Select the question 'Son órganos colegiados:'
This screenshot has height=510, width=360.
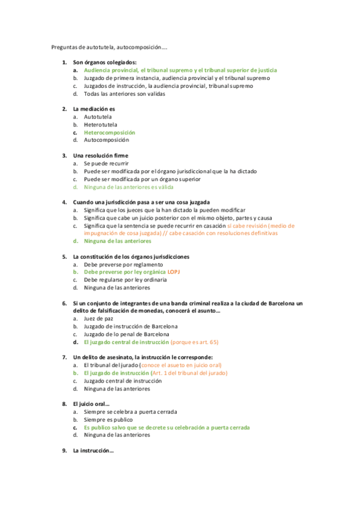coord(105,63)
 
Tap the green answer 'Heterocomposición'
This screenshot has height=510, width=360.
coord(109,132)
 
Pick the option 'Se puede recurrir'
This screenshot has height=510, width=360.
coord(106,164)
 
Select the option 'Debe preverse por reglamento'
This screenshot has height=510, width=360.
coord(123,264)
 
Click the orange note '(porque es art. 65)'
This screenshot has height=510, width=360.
coord(195,342)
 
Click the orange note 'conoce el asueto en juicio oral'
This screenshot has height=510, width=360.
coord(181,365)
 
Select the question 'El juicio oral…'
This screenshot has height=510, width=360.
coord(91,404)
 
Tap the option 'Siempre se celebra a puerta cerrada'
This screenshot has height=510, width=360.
coord(130,412)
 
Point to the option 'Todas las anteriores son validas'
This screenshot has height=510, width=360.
coord(124,94)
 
